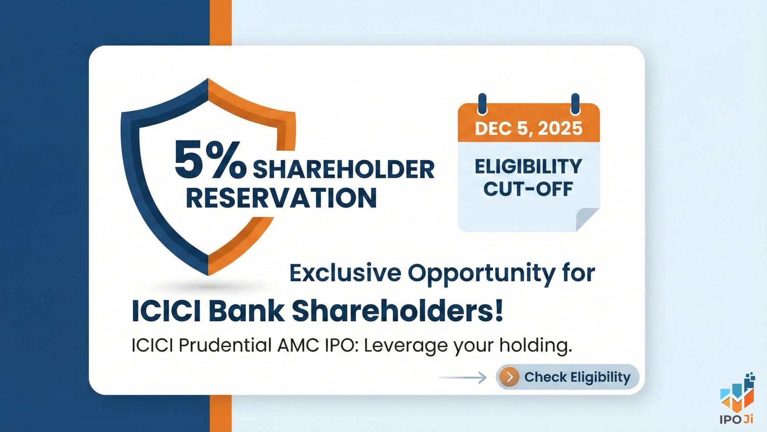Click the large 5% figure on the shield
point(210,159)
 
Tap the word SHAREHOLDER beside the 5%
point(344,169)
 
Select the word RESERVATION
point(281,198)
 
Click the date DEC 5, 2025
point(528,128)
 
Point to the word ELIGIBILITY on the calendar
point(528,166)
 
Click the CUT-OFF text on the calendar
point(528,189)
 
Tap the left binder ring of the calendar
point(482,104)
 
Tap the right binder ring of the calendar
point(575,104)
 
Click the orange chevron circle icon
point(510,377)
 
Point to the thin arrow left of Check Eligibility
point(462,377)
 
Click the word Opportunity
point(481,274)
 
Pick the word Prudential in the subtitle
point(225,345)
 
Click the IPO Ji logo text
point(736,419)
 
